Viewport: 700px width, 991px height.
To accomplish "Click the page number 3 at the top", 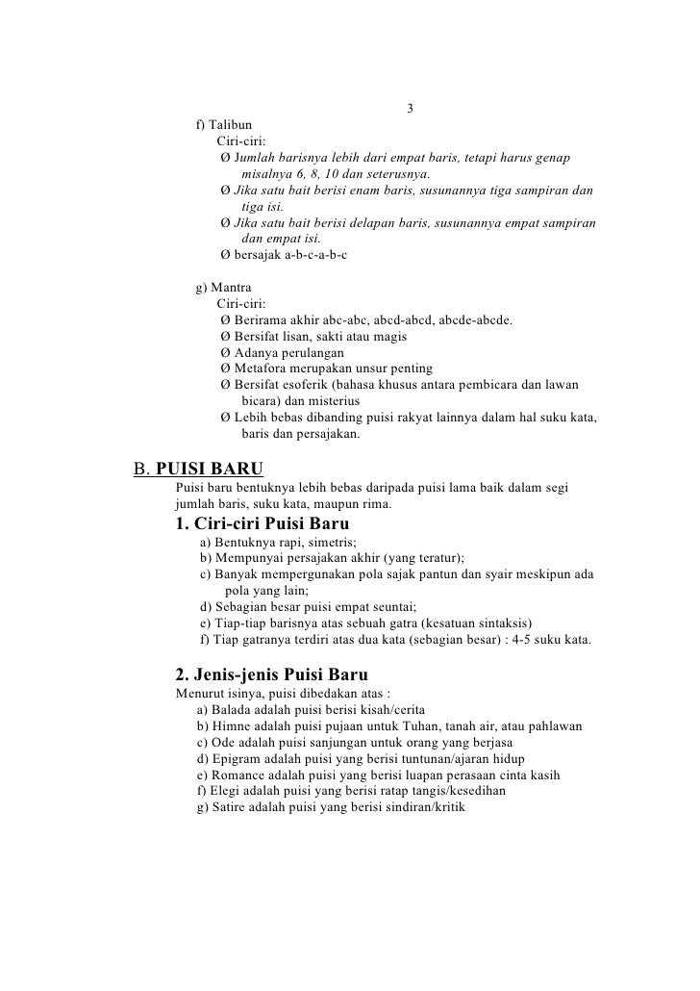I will tap(410, 107).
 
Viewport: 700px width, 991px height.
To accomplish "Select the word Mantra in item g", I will tap(232, 287).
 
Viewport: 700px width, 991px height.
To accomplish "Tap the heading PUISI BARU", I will tap(210, 470).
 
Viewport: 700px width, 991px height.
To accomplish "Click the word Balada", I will tap(231, 708).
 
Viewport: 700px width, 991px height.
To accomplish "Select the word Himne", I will tap(231, 724).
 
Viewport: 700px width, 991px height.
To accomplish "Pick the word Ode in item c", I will tap(222, 742).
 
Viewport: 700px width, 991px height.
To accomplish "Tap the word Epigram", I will tap(235, 758).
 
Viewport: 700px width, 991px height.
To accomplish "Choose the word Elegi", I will tap(222, 791).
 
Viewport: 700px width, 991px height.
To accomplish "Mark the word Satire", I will tap(227, 807).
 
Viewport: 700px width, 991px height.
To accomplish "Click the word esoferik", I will tap(325, 385).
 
